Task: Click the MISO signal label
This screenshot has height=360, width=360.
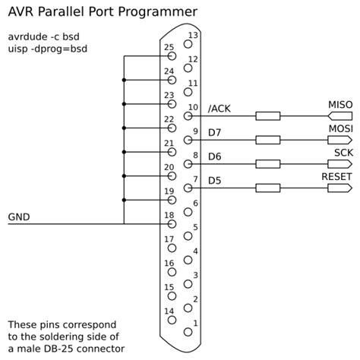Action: [339, 103]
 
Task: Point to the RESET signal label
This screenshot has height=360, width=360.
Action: [336, 175]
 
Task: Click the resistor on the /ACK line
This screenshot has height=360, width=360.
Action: [267, 116]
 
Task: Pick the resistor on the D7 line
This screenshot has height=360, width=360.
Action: [267, 140]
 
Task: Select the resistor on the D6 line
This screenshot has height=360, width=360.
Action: [267, 163]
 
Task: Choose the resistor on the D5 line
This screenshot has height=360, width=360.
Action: [267, 188]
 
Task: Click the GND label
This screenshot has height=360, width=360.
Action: [19, 217]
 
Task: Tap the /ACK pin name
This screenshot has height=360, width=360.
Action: [219, 109]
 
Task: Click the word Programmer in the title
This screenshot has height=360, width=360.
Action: [160, 12]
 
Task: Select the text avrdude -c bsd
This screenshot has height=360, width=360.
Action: [43, 36]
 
